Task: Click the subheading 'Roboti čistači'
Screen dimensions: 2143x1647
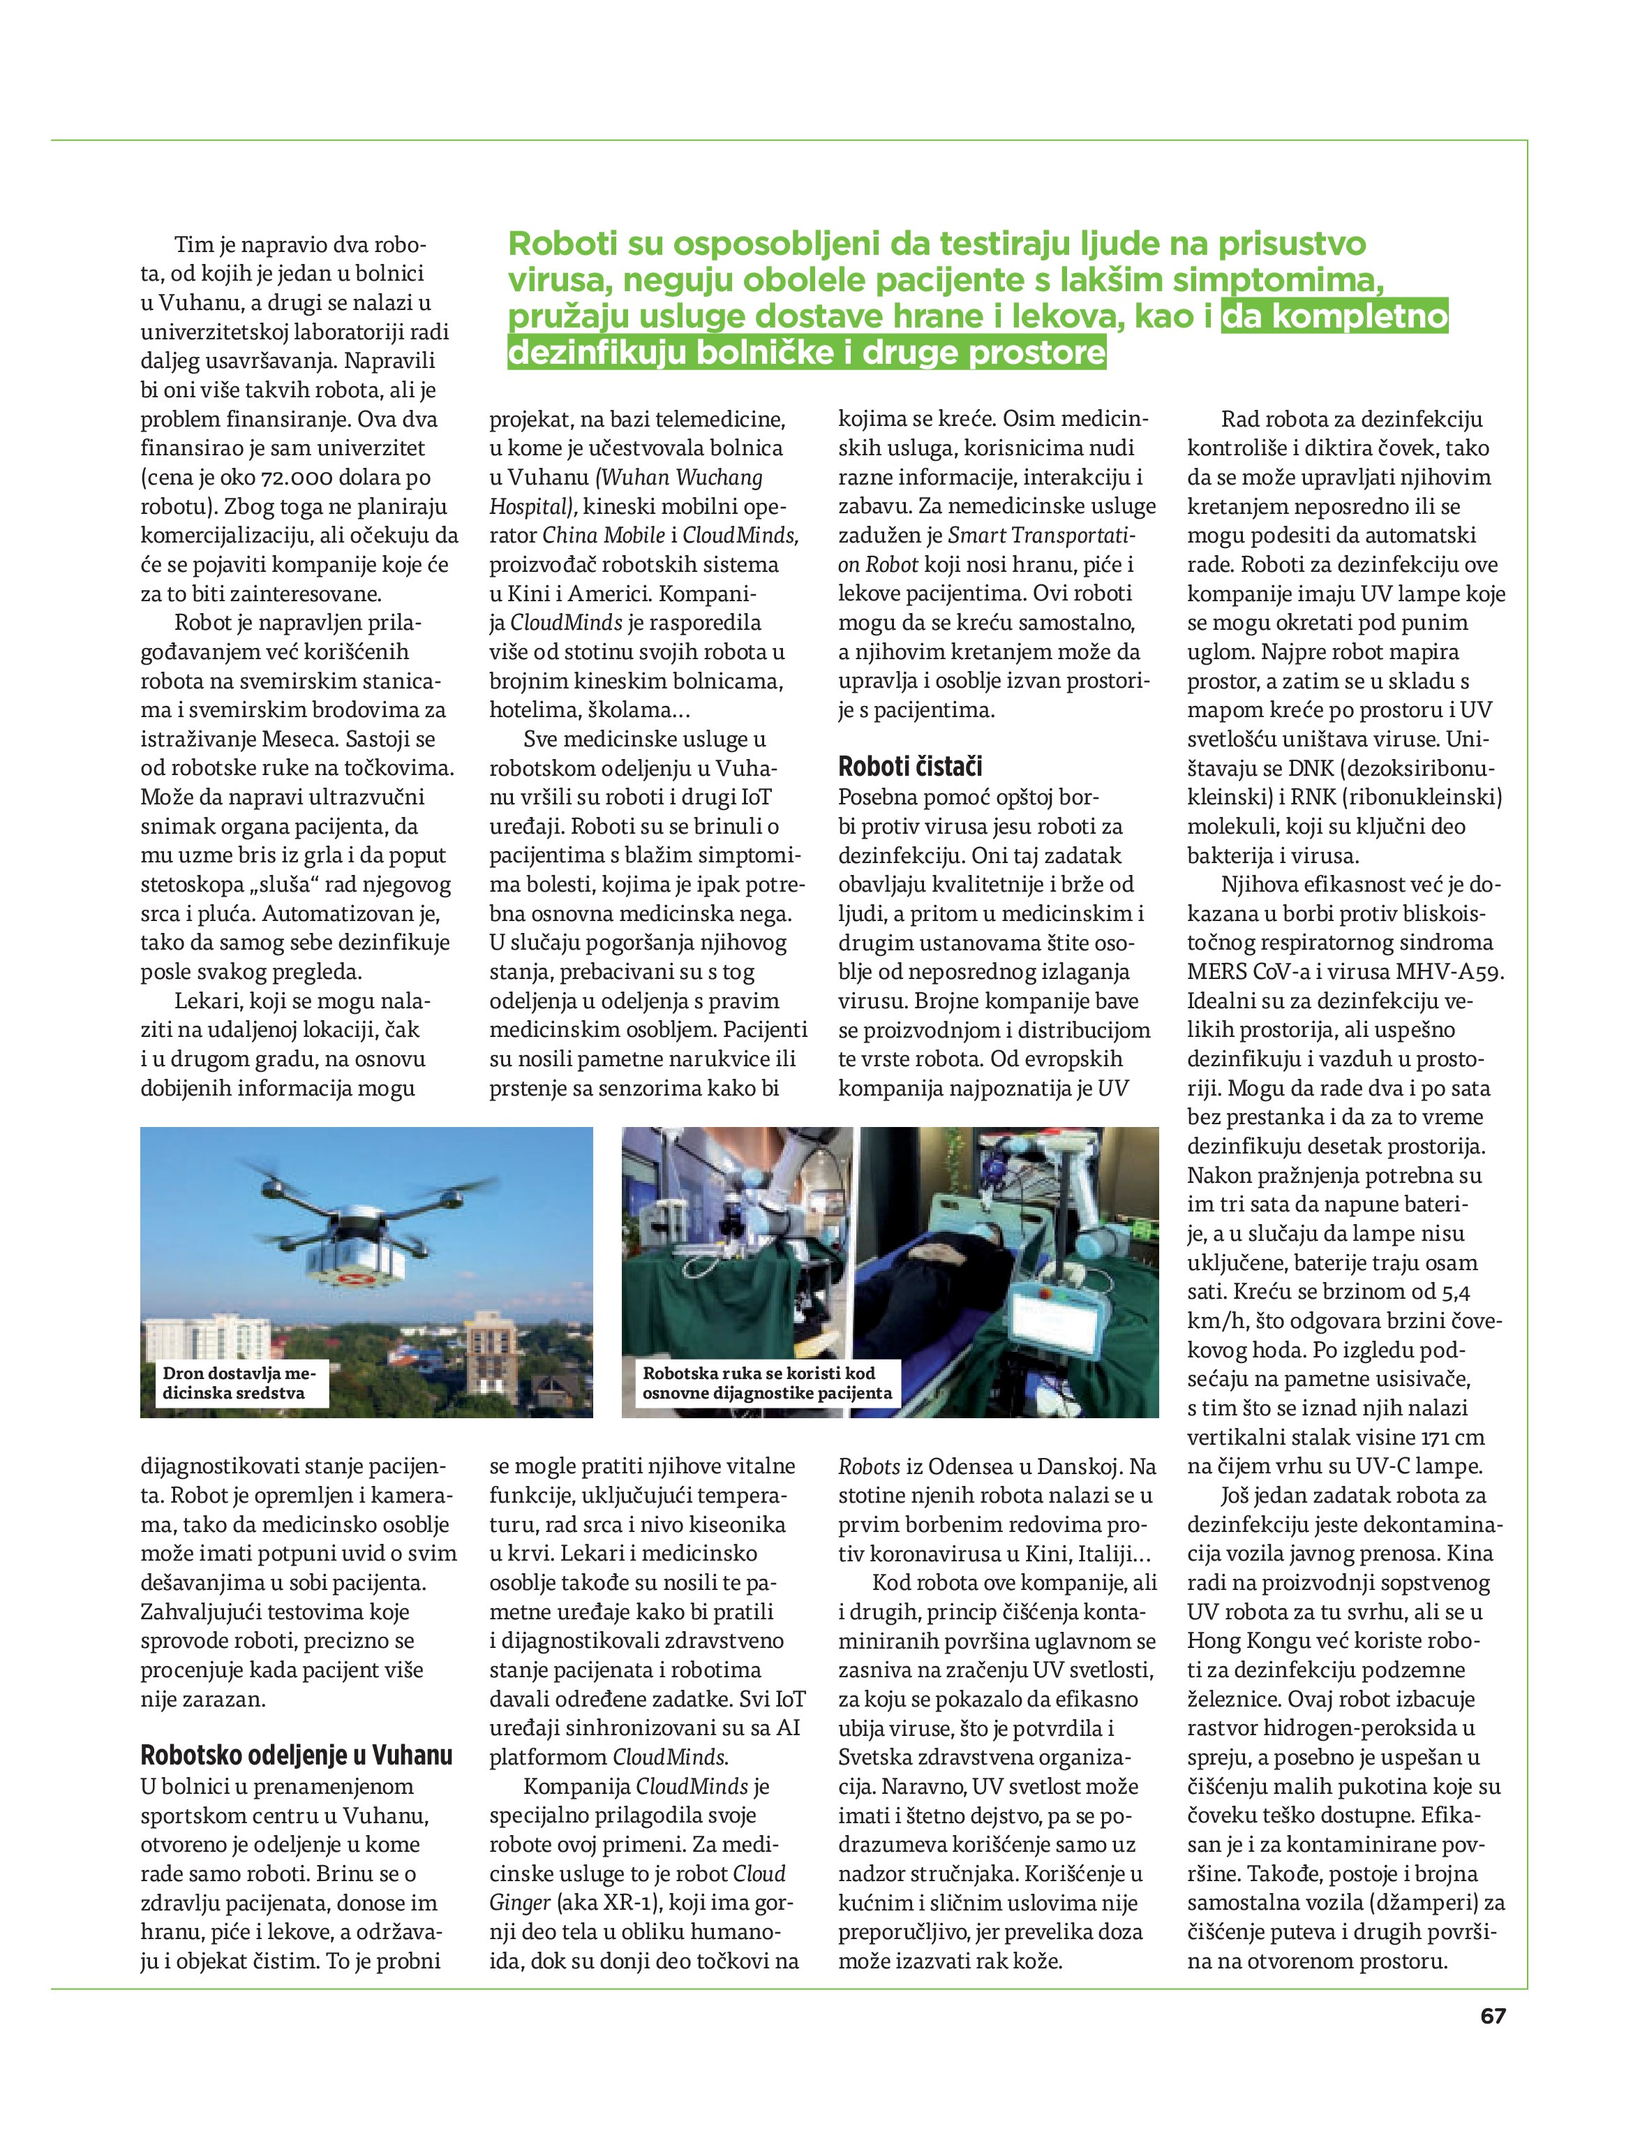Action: click(x=910, y=767)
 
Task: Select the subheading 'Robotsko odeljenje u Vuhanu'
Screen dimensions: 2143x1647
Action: click(x=296, y=1755)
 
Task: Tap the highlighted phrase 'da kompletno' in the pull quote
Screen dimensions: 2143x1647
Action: click(x=1334, y=316)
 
